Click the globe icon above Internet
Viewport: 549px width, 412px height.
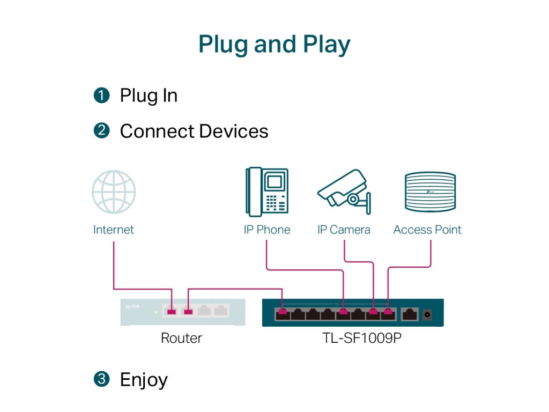(x=114, y=192)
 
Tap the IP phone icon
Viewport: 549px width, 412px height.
(x=266, y=192)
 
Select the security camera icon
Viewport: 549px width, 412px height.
(x=344, y=189)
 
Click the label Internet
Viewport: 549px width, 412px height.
(x=114, y=230)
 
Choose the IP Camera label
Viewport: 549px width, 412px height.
(x=344, y=230)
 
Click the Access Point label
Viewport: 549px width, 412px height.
(x=427, y=230)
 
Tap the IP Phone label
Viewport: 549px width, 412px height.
(x=267, y=230)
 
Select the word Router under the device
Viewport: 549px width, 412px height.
(x=182, y=338)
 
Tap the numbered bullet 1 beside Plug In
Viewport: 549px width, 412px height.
(x=101, y=95)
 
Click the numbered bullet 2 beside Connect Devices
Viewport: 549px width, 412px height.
(x=101, y=131)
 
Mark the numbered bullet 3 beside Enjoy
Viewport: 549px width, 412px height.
(x=101, y=379)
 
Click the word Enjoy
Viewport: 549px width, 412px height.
(x=144, y=380)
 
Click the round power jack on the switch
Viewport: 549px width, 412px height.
(x=428, y=314)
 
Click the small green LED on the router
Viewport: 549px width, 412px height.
(x=155, y=311)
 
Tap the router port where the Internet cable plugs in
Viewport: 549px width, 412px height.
(x=172, y=311)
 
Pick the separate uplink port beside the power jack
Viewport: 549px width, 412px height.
(x=410, y=314)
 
